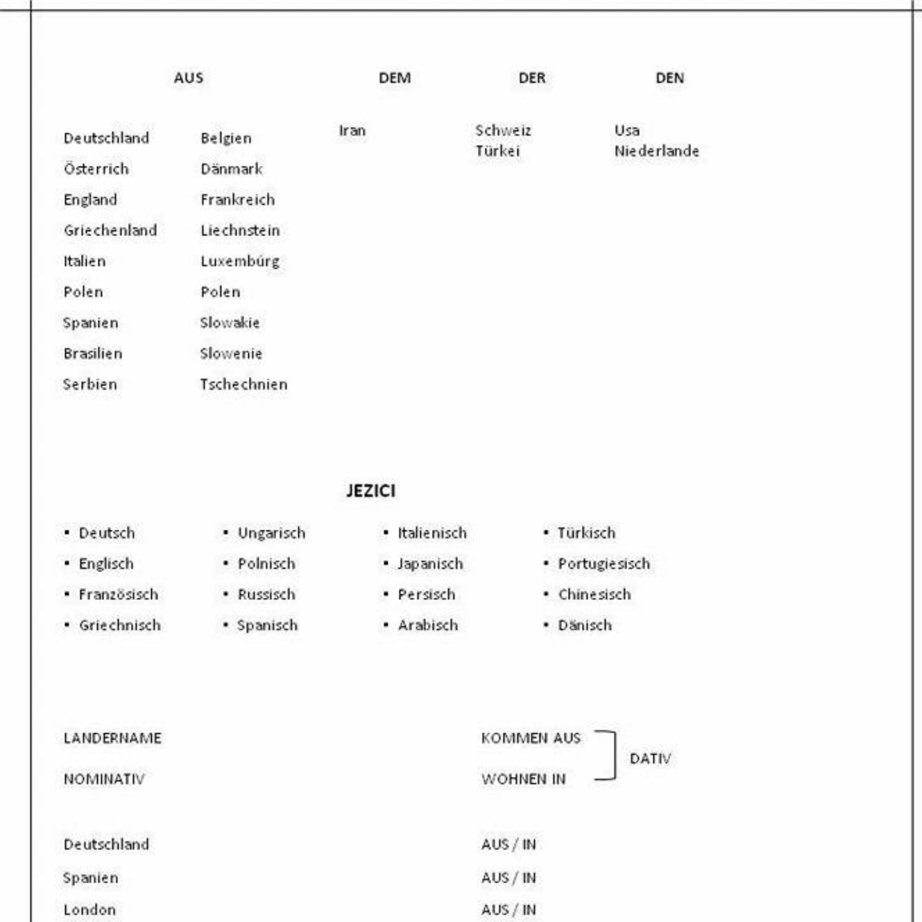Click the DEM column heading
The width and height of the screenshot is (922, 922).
(x=395, y=78)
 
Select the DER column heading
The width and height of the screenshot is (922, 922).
(x=532, y=78)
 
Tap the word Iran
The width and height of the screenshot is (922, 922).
(x=352, y=131)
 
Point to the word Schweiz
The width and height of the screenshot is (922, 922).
(x=503, y=131)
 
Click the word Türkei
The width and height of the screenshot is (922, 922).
(x=497, y=151)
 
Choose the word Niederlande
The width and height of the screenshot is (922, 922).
(x=656, y=151)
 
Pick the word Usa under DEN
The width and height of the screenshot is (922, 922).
(x=627, y=131)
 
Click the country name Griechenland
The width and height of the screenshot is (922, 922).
(x=111, y=230)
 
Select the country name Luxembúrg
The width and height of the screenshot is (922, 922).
(x=240, y=261)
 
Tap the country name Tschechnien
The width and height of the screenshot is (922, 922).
(x=243, y=385)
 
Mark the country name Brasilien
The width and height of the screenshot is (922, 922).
(x=93, y=354)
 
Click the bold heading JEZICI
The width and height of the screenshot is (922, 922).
(x=371, y=491)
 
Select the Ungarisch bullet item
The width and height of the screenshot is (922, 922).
(x=271, y=534)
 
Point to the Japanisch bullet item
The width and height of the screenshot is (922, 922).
(x=430, y=564)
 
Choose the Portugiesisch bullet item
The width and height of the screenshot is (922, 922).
(x=604, y=564)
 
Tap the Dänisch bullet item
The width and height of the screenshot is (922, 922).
(x=585, y=626)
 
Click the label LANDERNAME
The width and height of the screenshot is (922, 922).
(x=112, y=738)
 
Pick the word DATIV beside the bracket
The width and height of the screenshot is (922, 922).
(x=650, y=759)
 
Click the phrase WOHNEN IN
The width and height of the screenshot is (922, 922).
(x=523, y=779)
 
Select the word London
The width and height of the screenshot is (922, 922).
(x=90, y=910)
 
